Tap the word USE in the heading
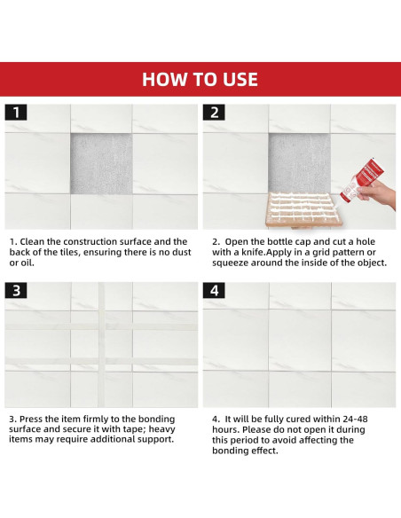tap(240, 80)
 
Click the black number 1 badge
tap(16, 113)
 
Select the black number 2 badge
tap(214, 113)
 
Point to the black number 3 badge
tap(16, 290)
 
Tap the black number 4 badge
tap(214, 290)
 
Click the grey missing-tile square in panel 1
tap(101, 164)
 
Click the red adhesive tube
tap(362, 179)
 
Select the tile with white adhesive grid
tap(300, 210)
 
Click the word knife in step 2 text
tap(252, 253)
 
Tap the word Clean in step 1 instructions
tap(32, 242)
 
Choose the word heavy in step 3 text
tap(161, 430)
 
